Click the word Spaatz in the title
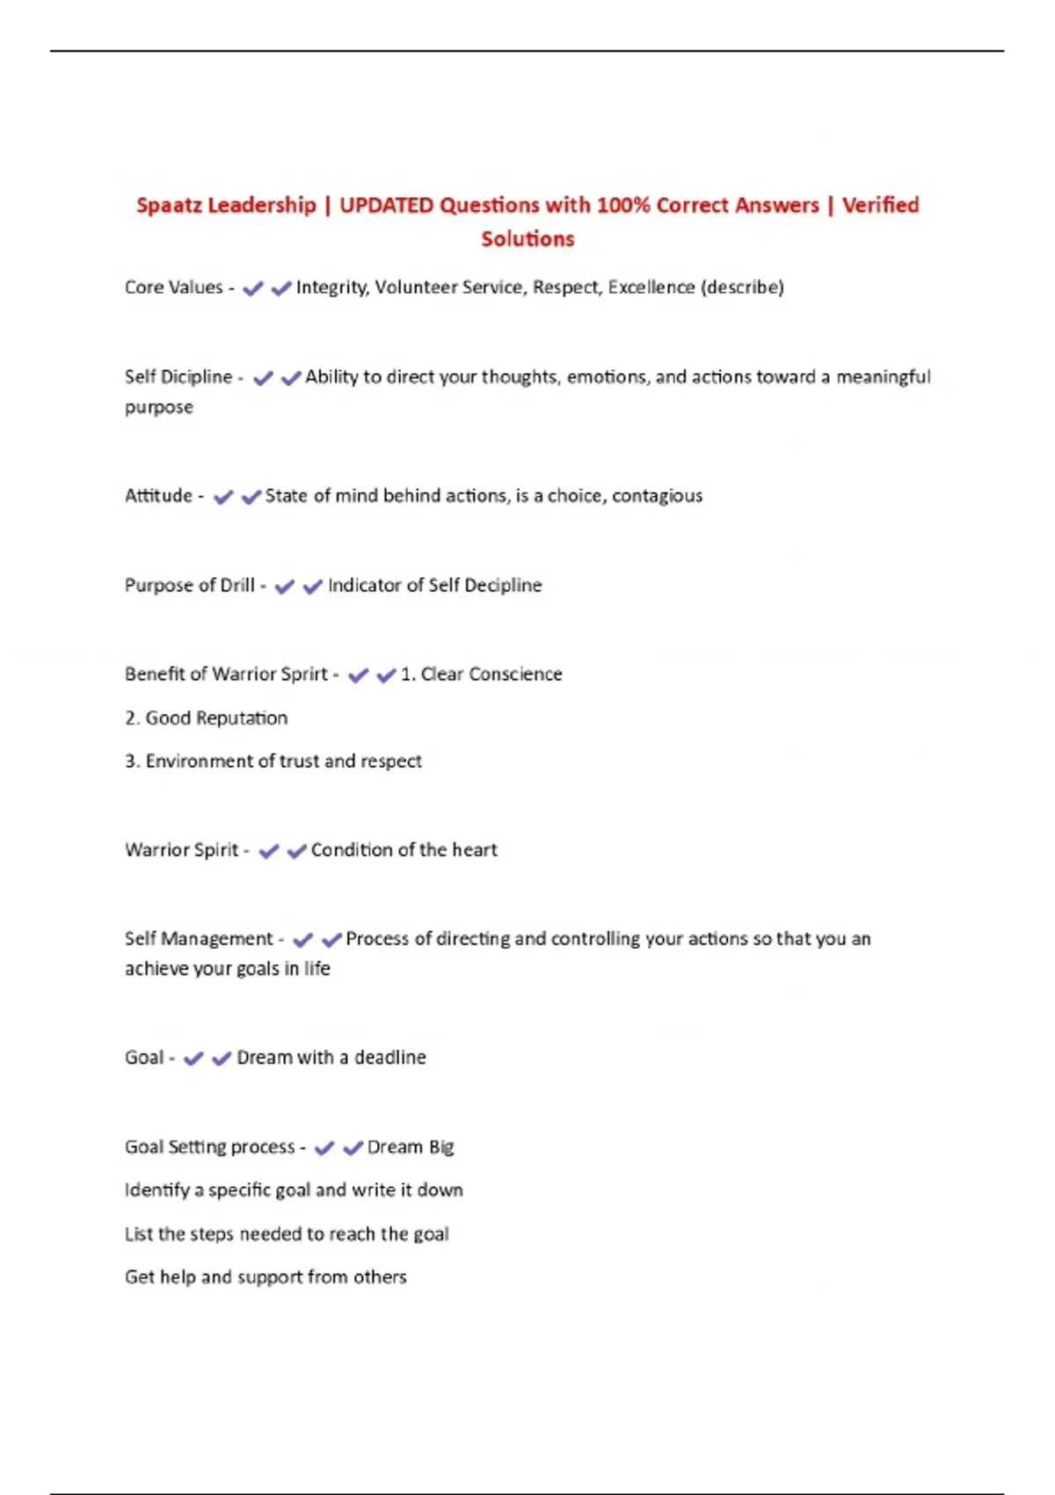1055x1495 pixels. (170, 206)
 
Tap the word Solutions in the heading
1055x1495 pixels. (527, 239)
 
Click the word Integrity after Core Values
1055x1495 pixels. (332, 288)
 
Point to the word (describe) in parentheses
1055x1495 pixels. (742, 288)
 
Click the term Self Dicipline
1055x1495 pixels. (178, 377)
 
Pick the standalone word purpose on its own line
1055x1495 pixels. (159, 408)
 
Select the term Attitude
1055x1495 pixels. (158, 496)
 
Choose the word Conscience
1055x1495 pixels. (515, 675)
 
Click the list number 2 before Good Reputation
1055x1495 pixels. (130, 718)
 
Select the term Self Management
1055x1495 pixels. (199, 939)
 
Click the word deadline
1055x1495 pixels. (389, 1058)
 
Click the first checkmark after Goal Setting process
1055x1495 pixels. (324, 1148)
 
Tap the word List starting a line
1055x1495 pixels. (139, 1235)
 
